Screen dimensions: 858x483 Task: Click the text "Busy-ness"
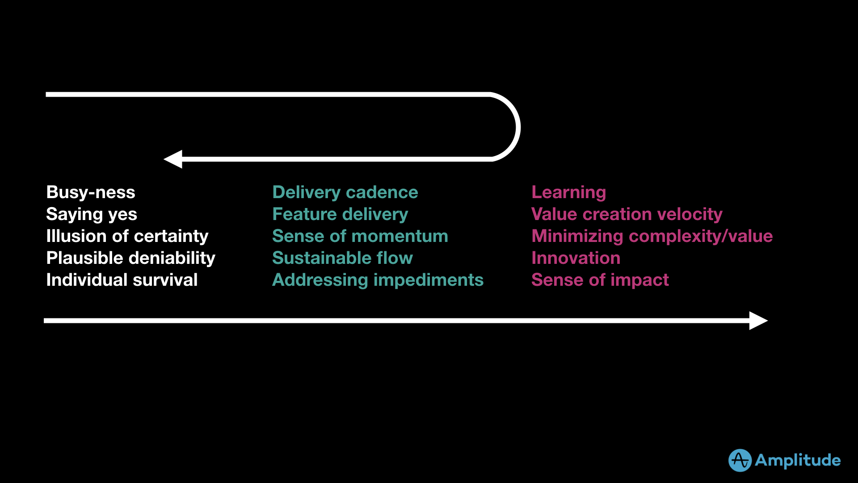click(91, 192)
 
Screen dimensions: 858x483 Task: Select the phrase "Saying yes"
click(92, 214)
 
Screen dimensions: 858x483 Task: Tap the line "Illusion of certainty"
click(127, 236)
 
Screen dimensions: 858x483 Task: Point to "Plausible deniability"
click(131, 258)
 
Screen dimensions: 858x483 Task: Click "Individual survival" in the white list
click(122, 280)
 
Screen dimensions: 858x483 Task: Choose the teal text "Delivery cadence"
click(345, 192)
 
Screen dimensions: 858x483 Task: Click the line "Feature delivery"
click(340, 214)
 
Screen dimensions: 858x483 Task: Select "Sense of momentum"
click(360, 236)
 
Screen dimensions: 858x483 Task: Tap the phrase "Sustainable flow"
click(342, 258)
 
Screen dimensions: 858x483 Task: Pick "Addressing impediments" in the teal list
click(378, 280)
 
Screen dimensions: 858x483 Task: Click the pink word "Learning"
click(568, 192)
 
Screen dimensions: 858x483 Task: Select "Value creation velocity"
click(627, 214)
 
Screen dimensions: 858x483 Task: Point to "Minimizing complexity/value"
click(652, 236)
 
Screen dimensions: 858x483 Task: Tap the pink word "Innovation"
click(576, 258)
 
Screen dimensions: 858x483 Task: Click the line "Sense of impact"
click(600, 280)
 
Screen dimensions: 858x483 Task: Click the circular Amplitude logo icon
click(740, 460)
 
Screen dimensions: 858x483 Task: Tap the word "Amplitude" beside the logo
click(798, 460)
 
